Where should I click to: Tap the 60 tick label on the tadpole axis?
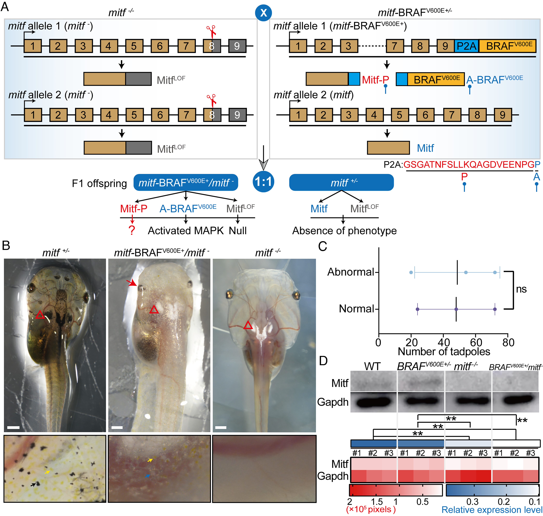tap(476, 342)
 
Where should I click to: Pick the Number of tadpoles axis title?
tap(444, 352)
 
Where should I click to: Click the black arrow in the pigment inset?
tap(33, 485)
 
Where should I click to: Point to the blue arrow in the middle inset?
tap(147, 476)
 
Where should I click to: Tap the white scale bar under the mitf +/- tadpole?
tap(13, 427)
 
